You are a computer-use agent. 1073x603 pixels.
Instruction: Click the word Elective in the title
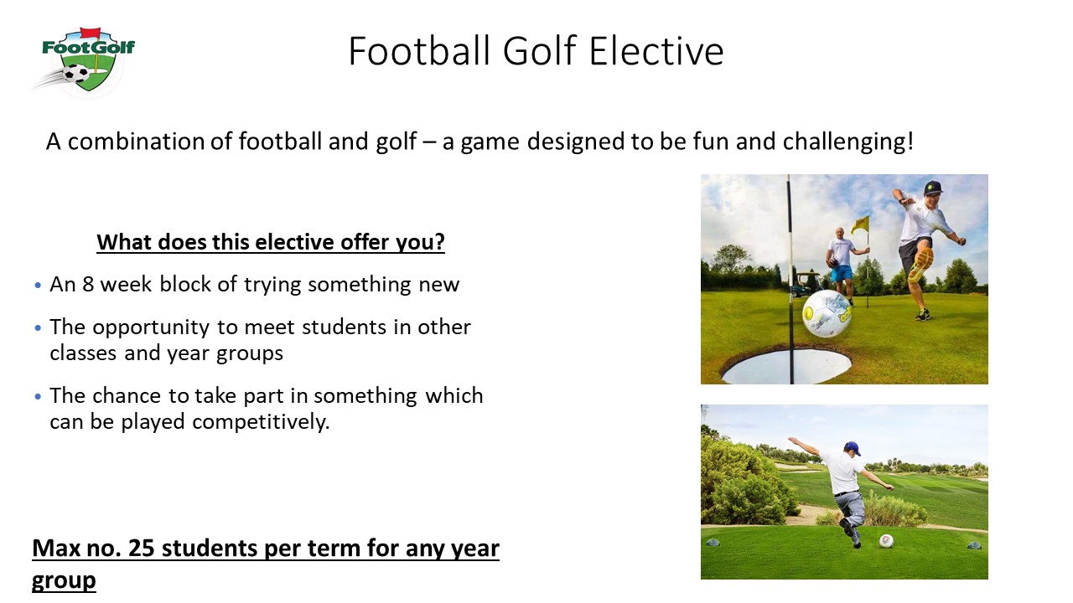pyautogui.click(x=656, y=51)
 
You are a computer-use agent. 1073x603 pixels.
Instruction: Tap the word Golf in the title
pyautogui.click(x=539, y=51)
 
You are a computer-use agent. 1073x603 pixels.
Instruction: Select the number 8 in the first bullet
pyautogui.click(x=88, y=284)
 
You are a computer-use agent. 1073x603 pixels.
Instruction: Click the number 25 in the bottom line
pyautogui.click(x=142, y=549)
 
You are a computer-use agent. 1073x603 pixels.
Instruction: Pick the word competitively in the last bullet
pyautogui.click(x=261, y=422)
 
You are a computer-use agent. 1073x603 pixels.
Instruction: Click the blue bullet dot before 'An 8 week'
pyautogui.click(x=39, y=286)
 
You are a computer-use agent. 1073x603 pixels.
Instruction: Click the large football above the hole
pyautogui.click(x=827, y=313)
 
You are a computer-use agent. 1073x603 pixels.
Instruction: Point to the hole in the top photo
pyautogui.click(x=785, y=366)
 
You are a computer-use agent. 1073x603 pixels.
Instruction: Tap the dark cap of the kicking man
pyautogui.click(x=932, y=187)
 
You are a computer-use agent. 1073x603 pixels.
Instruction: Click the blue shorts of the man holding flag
pyautogui.click(x=841, y=273)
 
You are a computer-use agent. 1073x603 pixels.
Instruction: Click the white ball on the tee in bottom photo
pyautogui.click(x=886, y=541)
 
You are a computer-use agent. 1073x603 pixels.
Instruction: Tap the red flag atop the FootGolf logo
pyautogui.click(x=90, y=33)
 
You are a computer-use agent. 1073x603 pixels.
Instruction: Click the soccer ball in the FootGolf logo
pyautogui.click(x=75, y=75)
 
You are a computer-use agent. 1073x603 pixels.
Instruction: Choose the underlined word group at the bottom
pyautogui.click(x=64, y=581)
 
